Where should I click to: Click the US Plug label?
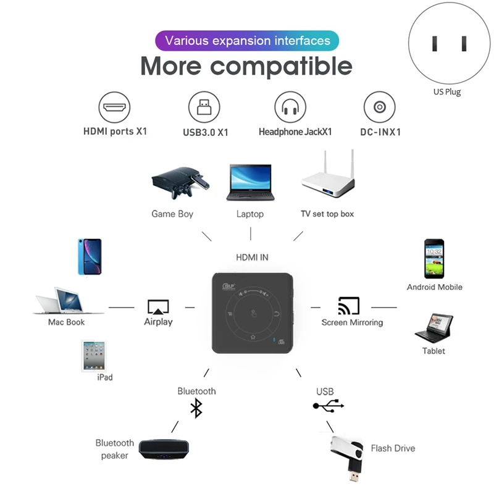pos(446,92)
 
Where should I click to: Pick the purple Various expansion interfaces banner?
pos(247,41)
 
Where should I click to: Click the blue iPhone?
pos(90,256)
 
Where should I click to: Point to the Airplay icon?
pos(158,307)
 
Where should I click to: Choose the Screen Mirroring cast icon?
pos(349,306)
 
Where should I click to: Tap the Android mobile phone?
pos(433,259)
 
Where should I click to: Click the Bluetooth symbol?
pos(196,408)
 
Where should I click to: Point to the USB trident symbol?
pos(328,406)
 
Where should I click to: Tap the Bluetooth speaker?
pos(164,449)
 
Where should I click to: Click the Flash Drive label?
pos(393,448)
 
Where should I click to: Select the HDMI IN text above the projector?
pos(252,257)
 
